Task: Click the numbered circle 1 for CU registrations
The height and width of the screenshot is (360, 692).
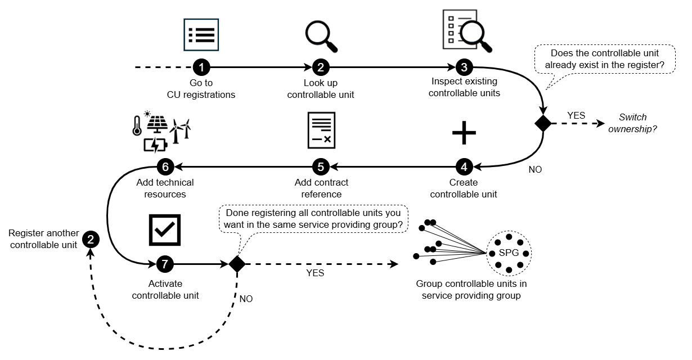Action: [x=201, y=67]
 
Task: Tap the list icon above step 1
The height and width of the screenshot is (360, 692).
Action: [x=201, y=35]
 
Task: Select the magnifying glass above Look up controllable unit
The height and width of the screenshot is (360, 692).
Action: [x=321, y=35]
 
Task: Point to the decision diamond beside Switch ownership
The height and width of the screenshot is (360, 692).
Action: [x=543, y=123]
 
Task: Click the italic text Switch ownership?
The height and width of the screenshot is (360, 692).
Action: [x=633, y=123]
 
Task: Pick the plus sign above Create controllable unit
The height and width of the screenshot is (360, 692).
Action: [x=464, y=133]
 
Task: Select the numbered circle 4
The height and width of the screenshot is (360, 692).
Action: [x=464, y=166]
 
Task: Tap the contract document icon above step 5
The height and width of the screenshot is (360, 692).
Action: [x=321, y=130]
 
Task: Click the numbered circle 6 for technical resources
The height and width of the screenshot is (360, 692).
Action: [x=165, y=166]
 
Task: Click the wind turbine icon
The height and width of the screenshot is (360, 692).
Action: [x=181, y=130]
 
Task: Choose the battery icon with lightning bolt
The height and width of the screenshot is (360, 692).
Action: [x=155, y=145]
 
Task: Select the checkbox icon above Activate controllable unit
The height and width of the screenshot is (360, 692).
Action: [x=164, y=229]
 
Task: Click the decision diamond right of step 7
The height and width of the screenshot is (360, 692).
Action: [x=236, y=264]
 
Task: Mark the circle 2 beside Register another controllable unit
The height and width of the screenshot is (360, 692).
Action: [x=91, y=240]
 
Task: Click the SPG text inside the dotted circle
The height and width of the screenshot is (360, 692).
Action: [x=509, y=253]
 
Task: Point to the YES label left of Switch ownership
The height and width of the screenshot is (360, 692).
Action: [x=576, y=115]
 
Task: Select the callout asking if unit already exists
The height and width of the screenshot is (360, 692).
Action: [x=604, y=59]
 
